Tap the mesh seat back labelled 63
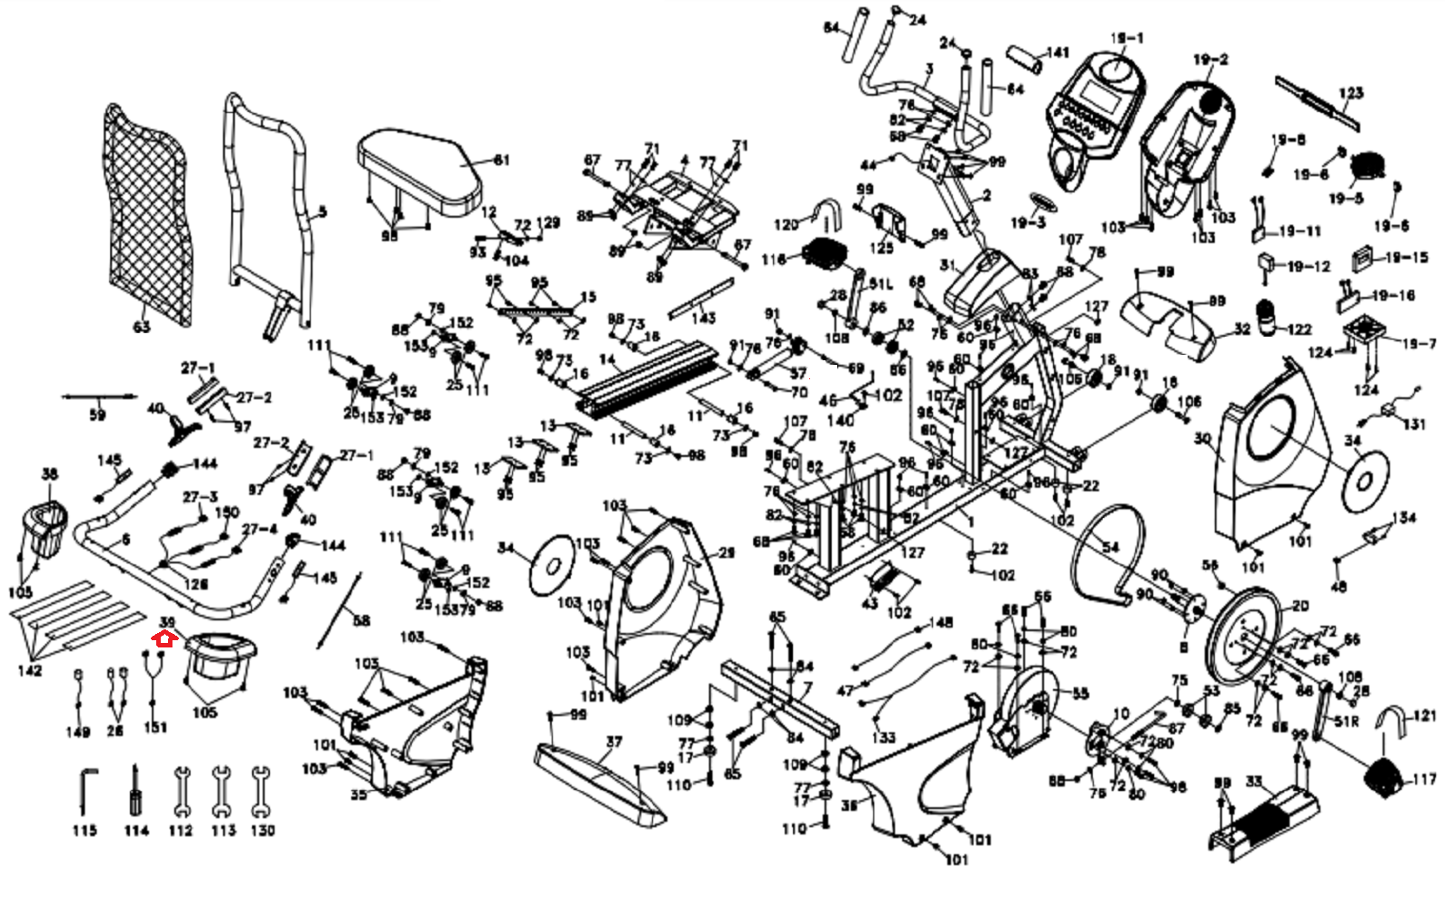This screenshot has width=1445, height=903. [148, 217]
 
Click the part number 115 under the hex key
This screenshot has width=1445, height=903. [85, 830]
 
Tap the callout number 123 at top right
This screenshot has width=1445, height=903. [1351, 93]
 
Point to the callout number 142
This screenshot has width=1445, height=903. [29, 670]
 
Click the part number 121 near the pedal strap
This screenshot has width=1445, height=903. [1424, 716]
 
